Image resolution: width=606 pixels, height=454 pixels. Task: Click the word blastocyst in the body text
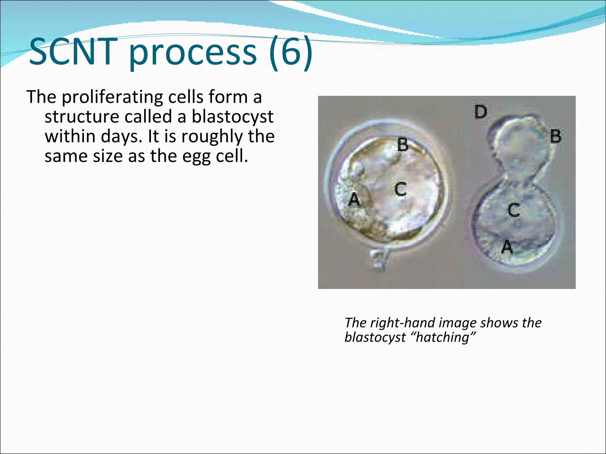[233, 117]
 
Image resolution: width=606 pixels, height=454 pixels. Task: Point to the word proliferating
[112, 97]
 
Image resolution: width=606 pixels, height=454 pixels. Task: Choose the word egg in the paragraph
[196, 156]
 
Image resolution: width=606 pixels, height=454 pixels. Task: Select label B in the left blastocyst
[402, 145]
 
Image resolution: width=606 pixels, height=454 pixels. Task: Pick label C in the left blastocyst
[401, 189]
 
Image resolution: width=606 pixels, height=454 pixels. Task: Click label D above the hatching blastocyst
[481, 112]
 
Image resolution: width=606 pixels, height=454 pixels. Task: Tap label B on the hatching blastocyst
[555, 137]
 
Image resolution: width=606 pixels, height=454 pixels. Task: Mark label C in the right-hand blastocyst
[514, 210]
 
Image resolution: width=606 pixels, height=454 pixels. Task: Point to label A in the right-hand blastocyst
[507, 247]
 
